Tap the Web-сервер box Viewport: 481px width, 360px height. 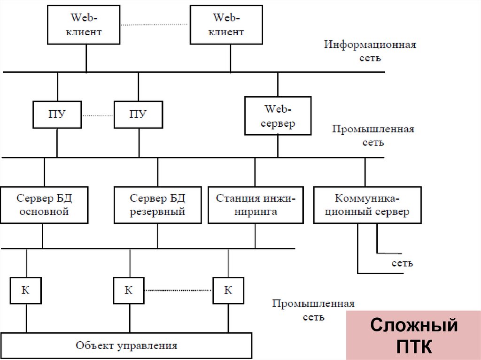(x=278, y=116)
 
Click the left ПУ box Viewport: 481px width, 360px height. (x=57, y=114)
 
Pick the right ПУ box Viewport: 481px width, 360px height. (x=138, y=114)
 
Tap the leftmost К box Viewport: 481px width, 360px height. (x=26, y=290)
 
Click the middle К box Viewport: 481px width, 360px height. (x=129, y=290)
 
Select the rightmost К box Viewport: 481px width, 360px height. (x=228, y=290)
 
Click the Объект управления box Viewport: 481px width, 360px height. (x=126, y=346)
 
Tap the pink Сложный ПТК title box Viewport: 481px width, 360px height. (x=413, y=335)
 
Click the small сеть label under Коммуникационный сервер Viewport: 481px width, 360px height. (x=402, y=263)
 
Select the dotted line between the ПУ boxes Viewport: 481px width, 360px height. (x=97, y=115)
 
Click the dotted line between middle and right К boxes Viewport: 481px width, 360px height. (x=178, y=290)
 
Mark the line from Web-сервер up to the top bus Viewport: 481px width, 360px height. (x=278, y=84)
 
